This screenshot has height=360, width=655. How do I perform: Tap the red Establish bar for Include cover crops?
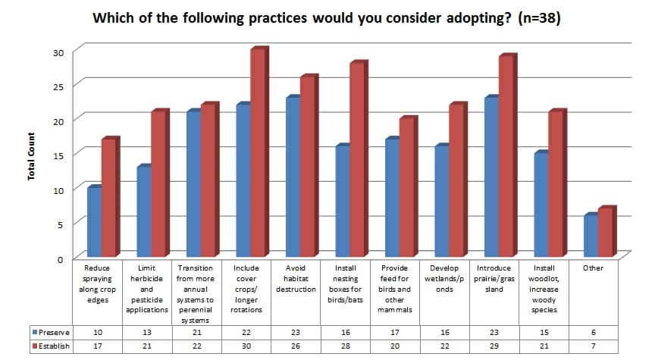click(x=258, y=152)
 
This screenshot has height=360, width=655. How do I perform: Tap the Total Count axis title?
click(x=32, y=156)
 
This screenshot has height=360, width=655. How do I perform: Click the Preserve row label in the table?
click(x=52, y=331)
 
